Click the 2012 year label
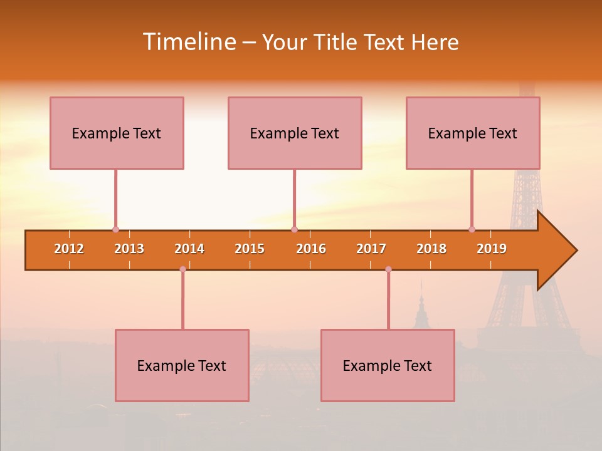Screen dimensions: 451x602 (x=69, y=249)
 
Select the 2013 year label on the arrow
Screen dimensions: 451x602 (x=129, y=249)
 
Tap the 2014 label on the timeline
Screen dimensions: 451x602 (x=189, y=249)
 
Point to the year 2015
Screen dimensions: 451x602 (x=250, y=249)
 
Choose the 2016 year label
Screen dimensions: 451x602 (x=311, y=249)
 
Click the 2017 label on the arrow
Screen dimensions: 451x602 (x=371, y=249)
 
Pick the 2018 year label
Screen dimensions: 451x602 (x=431, y=249)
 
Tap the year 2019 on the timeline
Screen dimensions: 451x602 (x=492, y=249)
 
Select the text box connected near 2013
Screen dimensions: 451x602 (x=117, y=133)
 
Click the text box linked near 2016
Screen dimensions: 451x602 (x=295, y=133)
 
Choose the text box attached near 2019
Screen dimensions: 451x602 (x=473, y=133)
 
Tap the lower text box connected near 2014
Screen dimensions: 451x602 (x=182, y=365)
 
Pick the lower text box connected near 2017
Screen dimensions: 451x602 (x=388, y=365)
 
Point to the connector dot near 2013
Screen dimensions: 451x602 (x=115, y=229)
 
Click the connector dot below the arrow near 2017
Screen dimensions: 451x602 (x=388, y=269)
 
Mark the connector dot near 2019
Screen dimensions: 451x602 (x=472, y=229)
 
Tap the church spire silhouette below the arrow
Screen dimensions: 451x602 (x=421, y=307)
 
